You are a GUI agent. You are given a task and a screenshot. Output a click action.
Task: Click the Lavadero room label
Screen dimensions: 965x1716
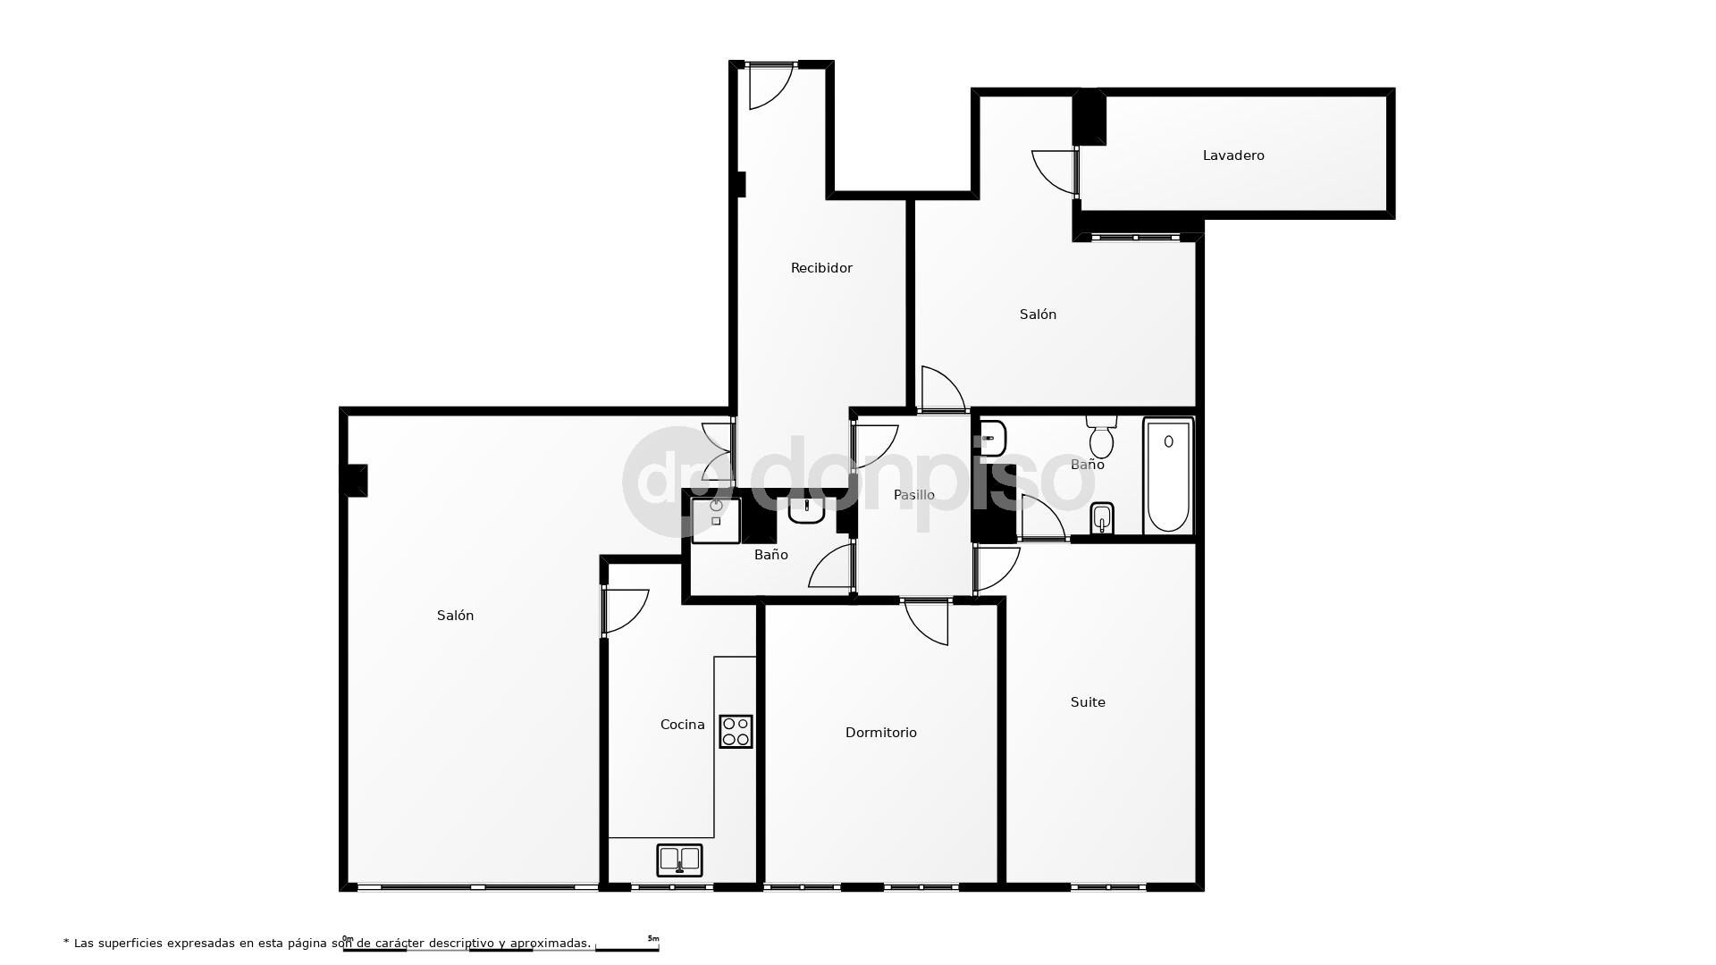pos(1233,155)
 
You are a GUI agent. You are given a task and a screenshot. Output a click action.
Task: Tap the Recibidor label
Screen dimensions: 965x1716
pos(821,268)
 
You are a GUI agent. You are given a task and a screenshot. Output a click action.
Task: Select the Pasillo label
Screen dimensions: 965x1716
pos(914,495)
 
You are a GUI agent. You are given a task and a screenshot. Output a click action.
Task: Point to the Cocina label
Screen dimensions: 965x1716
pos(682,725)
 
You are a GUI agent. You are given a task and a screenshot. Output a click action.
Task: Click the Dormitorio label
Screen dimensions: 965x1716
pos(881,733)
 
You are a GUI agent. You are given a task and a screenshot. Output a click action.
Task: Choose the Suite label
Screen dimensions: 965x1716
pos(1088,702)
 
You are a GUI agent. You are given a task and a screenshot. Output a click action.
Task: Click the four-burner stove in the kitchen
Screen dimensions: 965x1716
pos(736,732)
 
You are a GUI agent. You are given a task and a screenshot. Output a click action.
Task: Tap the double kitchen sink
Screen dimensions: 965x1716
pos(679,860)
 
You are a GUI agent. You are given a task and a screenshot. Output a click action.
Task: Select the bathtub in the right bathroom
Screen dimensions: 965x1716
pos(1168,476)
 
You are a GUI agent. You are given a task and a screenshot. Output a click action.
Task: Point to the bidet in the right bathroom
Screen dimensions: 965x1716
pos(1102,517)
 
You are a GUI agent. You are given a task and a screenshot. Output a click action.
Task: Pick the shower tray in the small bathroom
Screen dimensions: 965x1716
pos(715,520)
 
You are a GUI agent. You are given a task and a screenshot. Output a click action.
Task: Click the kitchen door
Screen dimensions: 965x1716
pos(624,611)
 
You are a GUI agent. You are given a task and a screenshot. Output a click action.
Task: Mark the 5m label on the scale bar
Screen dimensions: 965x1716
pos(653,939)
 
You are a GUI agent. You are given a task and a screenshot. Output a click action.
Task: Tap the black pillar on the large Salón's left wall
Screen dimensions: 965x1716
pos(355,480)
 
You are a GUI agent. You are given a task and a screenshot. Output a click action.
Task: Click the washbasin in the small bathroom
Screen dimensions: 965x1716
pos(806,511)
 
